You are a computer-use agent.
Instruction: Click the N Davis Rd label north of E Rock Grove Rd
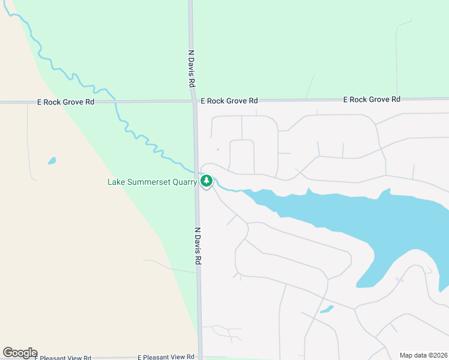click(x=192, y=68)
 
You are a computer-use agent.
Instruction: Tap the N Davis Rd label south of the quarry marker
click(x=197, y=246)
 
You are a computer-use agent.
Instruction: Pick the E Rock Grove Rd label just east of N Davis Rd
click(x=229, y=101)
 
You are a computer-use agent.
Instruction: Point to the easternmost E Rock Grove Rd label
click(x=372, y=99)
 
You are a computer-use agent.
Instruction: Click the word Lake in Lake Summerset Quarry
click(x=116, y=182)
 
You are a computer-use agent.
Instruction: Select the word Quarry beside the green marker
click(x=184, y=182)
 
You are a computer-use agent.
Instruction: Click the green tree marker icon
click(x=206, y=181)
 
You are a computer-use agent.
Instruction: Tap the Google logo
click(x=20, y=353)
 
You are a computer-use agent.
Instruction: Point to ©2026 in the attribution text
click(x=438, y=355)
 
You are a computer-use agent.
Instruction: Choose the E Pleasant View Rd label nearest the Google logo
click(x=62, y=358)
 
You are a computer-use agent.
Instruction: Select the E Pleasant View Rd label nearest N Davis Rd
click(x=166, y=357)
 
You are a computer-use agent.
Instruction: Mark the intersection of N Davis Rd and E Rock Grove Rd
click(x=194, y=101)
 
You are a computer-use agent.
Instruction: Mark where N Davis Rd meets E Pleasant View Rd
click(x=200, y=357)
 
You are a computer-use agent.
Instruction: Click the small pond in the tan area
click(x=52, y=161)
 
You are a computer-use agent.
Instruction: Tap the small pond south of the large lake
click(x=327, y=310)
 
